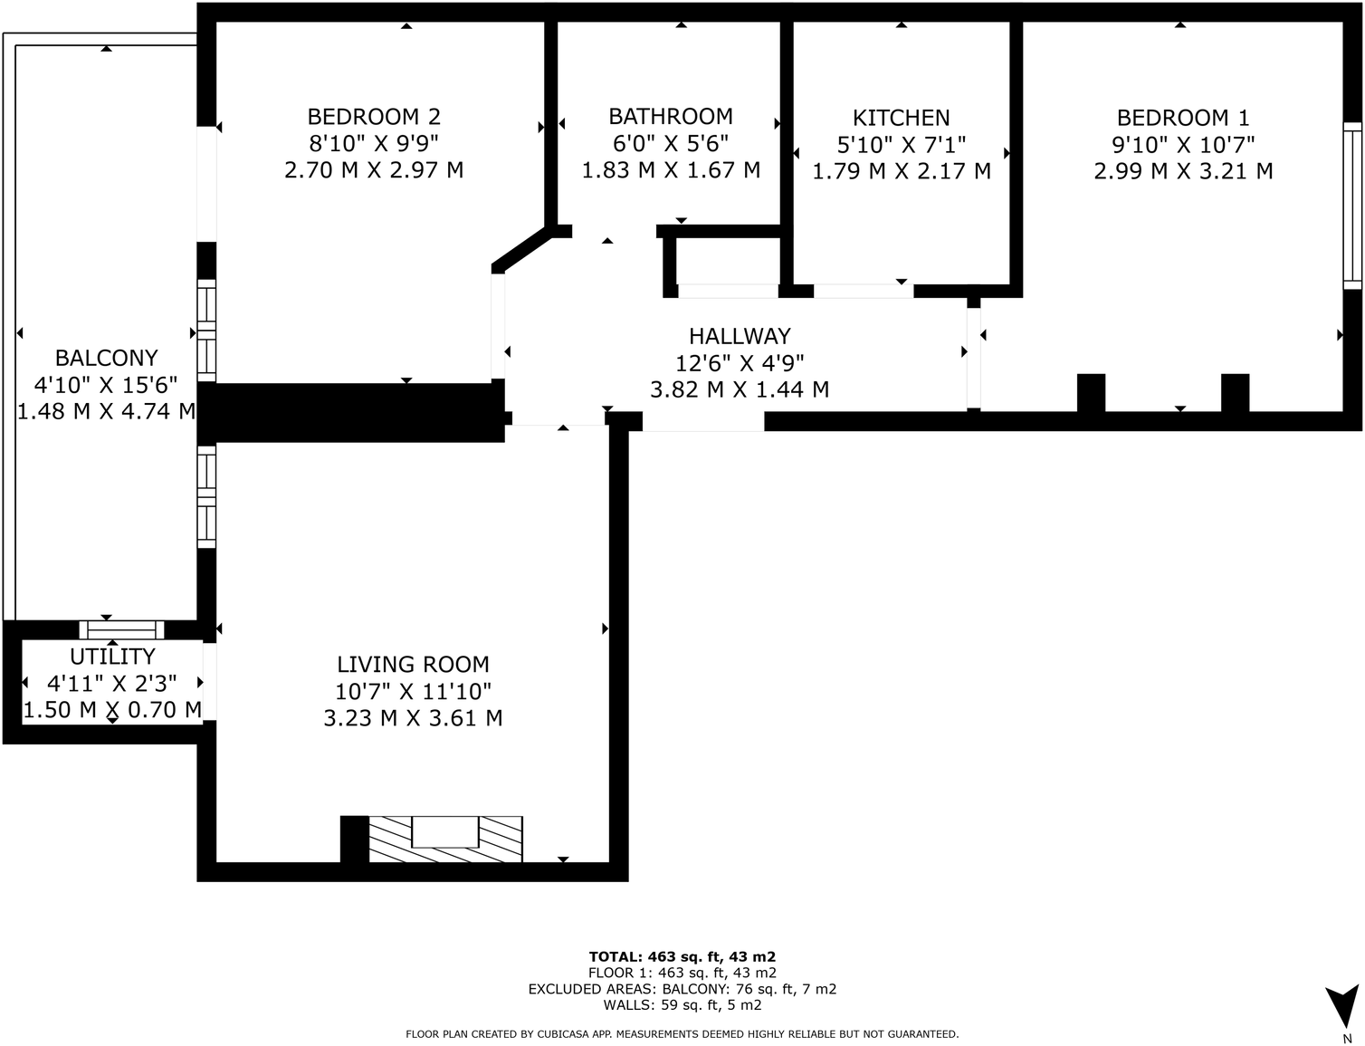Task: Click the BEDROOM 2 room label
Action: [374, 117]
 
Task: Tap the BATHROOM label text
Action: [671, 116]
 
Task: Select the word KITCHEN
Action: [901, 118]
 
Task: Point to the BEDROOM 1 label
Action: [1183, 118]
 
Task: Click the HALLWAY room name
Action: [740, 337]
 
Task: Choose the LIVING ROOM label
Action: [413, 664]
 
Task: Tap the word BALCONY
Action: [106, 358]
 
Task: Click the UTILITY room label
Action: [112, 657]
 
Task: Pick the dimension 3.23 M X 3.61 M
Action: [413, 718]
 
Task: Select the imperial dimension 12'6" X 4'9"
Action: [740, 363]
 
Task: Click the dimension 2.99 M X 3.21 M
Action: [1183, 171]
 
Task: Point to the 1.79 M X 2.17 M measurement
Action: [902, 171]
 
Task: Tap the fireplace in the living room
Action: [444, 839]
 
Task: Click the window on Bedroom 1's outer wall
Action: [1352, 206]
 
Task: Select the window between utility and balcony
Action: [121, 629]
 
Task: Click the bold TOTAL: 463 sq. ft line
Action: [682, 956]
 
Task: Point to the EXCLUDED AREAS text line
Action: [682, 990]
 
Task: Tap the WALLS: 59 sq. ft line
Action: [682, 1005]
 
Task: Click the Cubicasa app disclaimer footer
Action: [682, 1034]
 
